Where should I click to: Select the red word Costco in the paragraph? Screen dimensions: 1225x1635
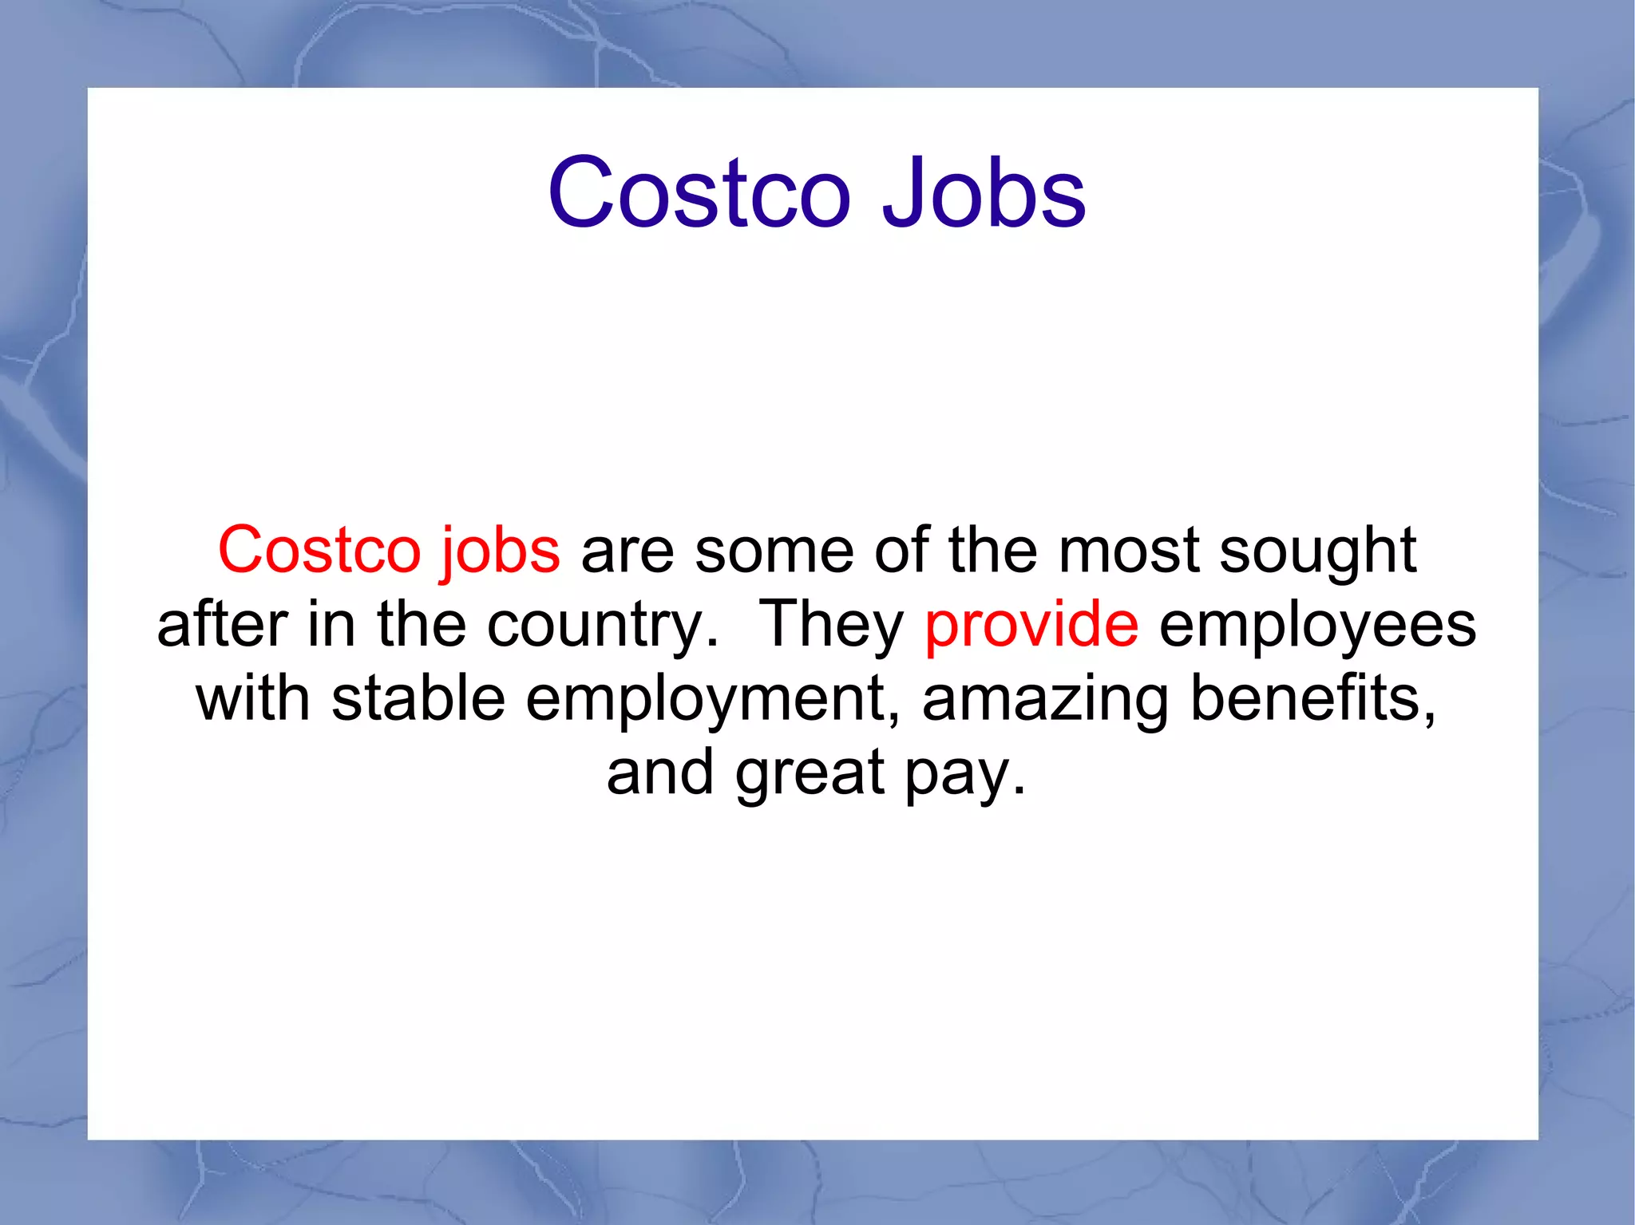pyautogui.click(x=319, y=550)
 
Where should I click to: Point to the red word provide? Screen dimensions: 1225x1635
pyautogui.click(x=1031, y=625)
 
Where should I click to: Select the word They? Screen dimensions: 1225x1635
pyautogui.click(x=831, y=625)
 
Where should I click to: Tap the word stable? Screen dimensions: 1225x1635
pyautogui.click(x=418, y=698)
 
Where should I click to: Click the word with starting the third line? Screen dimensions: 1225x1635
pyautogui.click(x=253, y=698)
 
